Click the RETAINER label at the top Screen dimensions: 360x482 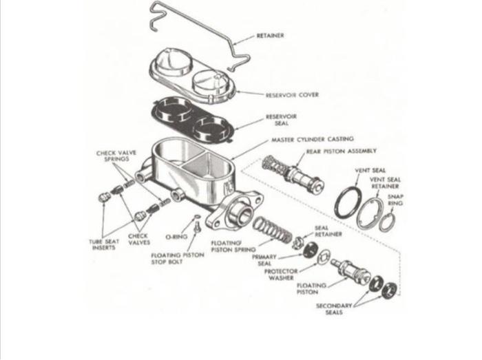coord(270,35)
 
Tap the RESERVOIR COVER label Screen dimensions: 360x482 coord(293,95)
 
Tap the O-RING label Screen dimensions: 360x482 coord(177,236)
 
